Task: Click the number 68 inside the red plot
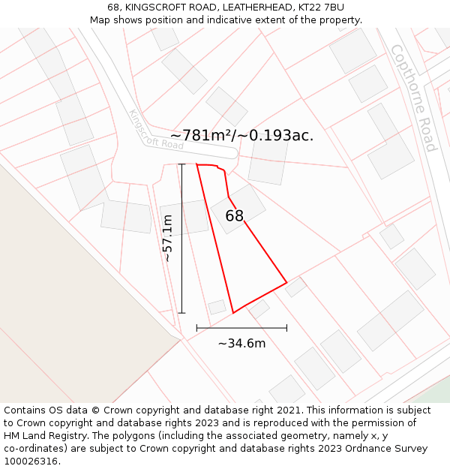pos(235,216)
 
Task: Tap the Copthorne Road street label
pos(414,98)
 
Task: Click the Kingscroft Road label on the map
pos(156,130)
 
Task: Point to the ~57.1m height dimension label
pos(167,238)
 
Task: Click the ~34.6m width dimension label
pos(241,344)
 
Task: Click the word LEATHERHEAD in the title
pos(232,8)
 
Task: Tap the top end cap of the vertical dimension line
pos(181,164)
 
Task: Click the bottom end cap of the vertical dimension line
pos(181,313)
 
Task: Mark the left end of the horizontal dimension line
pos(196,328)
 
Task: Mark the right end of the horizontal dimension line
pos(286,328)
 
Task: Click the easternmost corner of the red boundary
pos(286,283)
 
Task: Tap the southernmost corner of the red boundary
pos(233,313)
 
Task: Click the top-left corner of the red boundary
pos(196,164)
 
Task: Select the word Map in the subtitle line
pos(101,20)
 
